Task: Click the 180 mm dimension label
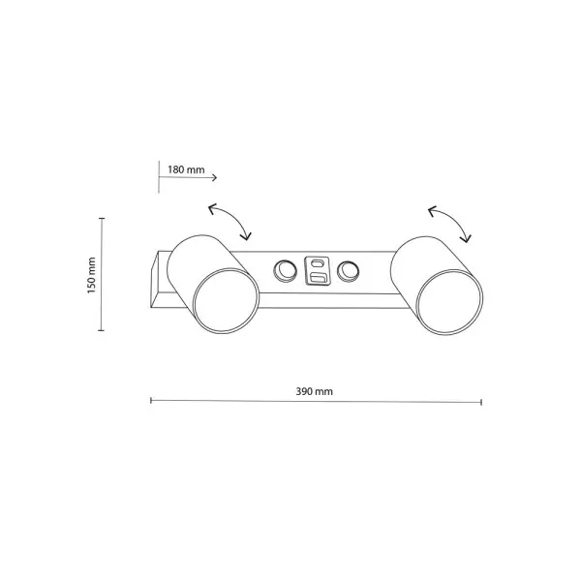[x=186, y=169]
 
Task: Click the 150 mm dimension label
[x=92, y=275]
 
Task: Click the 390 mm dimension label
[x=314, y=391]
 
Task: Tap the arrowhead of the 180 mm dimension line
[x=214, y=178]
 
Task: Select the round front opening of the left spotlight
[x=226, y=301]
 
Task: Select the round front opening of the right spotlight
[x=449, y=303]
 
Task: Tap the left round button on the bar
[x=285, y=271]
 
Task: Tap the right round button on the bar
[x=348, y=271]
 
